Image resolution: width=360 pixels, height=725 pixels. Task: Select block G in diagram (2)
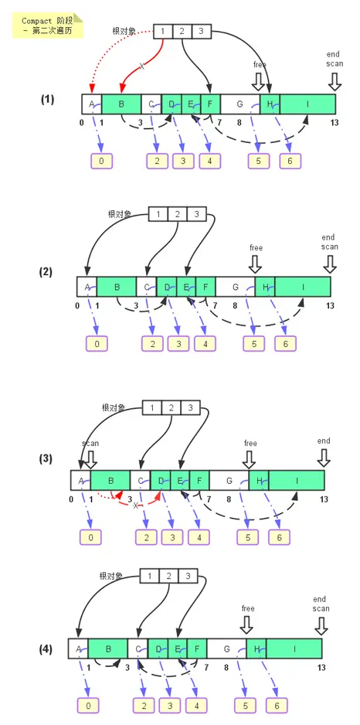click(x=235, y=287)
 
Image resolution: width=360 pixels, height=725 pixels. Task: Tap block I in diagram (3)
click(x=296, y=480)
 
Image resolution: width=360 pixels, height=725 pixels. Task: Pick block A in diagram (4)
click(x=78, y=648)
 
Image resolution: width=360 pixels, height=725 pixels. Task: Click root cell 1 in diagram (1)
click(x=164, y=31)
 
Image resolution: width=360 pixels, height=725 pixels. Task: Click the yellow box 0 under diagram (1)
click(x=100, y=161)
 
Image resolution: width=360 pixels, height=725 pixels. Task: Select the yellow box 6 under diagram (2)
click(x=285, y=343)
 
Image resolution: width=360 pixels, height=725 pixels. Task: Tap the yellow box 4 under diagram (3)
click(x=199, y=536)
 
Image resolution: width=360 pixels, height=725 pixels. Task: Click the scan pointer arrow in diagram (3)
click(x=90, y=459)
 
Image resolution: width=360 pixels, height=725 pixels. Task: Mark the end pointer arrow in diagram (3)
click(x=323, y=458)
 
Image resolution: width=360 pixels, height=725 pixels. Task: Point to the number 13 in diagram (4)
click(x=319, y=666)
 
